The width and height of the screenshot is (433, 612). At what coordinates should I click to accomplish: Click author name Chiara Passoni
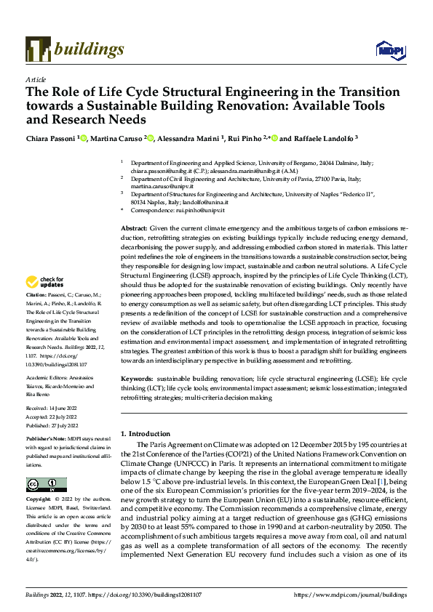(x=51, y=138)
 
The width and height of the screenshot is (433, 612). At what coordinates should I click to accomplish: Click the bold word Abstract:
(x=135, y=228)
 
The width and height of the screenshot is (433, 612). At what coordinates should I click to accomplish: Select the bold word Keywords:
(x=137, y=379)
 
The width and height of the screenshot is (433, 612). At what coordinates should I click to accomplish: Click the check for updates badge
(x=47, y=283)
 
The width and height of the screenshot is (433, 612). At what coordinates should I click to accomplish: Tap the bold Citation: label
(x=38, y=295)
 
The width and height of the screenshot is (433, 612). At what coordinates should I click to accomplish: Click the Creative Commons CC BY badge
(x=47, y=484)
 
